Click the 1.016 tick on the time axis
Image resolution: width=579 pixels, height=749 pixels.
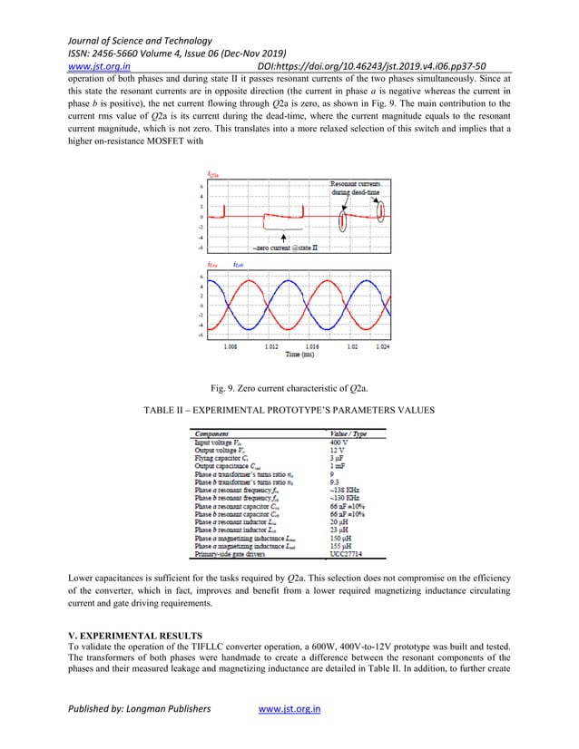click(311, 345)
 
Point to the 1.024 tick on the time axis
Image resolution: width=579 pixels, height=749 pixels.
click(383, 345)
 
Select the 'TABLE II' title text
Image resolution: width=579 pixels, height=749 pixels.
click(289, 411)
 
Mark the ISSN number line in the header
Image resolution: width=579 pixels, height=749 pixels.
click(164, 53)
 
